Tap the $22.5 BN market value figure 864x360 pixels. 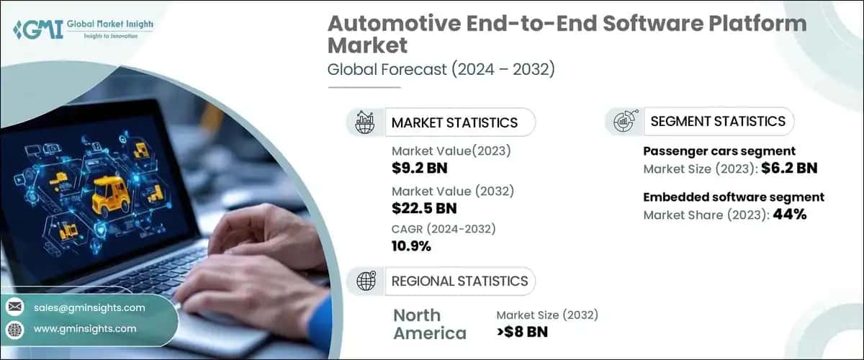coord(426,209)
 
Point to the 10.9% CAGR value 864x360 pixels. coord(412,247)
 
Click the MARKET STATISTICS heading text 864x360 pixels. coord(454,122)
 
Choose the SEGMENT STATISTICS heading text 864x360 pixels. coord(718,121)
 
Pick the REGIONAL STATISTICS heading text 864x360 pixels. coord(459,281)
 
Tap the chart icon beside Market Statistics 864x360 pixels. coord(364,122)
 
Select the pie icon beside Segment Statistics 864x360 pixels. coord(623,122)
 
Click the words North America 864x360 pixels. coord(430,324)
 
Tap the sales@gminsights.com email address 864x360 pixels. coord(89,307)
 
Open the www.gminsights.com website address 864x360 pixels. coord(85,328)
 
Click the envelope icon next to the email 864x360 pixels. coord(14,307)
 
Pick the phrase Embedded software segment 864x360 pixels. coord(733,197)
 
